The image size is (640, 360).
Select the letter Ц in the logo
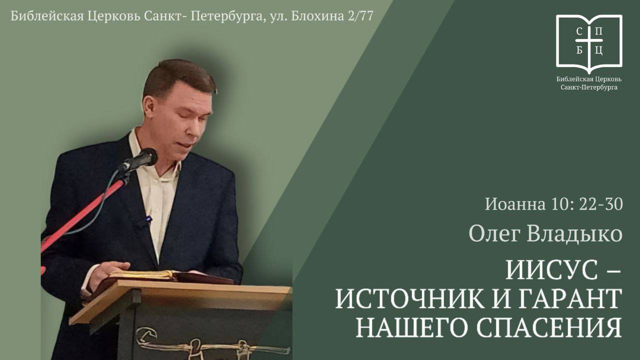click(599, 50)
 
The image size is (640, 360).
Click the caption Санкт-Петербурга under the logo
click(589, 87)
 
